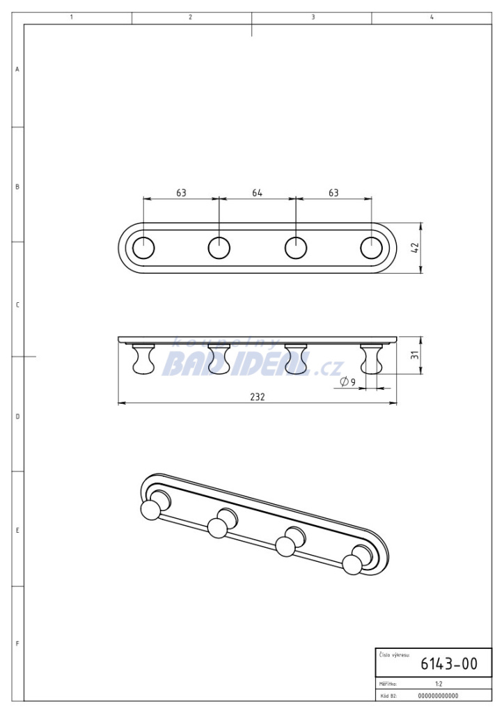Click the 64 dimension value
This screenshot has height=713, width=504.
(258, 193)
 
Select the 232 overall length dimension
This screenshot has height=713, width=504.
(258, 396)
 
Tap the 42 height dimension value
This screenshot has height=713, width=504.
(415, 248)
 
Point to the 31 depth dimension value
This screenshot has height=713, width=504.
(414, 355)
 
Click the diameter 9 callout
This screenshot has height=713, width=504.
(347, 382)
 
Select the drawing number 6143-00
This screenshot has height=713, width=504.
(449, 664)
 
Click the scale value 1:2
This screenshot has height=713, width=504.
(439, 684)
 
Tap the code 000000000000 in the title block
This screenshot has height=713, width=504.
(438, 696)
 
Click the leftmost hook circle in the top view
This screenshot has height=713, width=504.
(143, 249)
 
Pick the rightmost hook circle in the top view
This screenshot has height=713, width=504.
(372, 249)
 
